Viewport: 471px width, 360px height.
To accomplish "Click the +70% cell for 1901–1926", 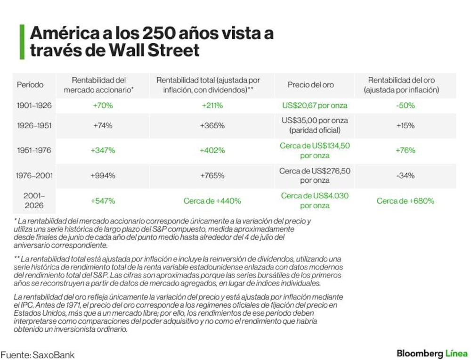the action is pos(103,106).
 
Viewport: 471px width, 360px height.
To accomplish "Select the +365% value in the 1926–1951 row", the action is pos(212,126).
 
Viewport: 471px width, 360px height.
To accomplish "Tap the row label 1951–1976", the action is pos(34,150).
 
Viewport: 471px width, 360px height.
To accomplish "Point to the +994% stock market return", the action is pos(103,175).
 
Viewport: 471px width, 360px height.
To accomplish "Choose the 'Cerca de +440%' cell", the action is pos(212,201).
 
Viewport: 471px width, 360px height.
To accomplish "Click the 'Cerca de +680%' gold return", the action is pos(405,201).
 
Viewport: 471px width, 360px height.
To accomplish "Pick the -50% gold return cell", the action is pos(405,106).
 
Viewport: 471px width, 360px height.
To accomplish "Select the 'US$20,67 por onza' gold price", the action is pos(315,106).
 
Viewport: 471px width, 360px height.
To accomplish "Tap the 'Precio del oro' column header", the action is pos(310,85).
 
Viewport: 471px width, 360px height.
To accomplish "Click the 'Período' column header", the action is pos(30,85).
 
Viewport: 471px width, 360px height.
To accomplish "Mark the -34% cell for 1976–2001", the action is pos(405,175).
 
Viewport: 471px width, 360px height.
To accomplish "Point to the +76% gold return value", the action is pos(405,150).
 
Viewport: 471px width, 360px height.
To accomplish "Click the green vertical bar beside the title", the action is pos(22,42).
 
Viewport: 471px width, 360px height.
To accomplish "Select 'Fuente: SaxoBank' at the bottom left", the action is pos(38,355).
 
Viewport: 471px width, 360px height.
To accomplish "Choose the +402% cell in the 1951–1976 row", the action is pos(212,150).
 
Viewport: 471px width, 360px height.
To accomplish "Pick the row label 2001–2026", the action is pos(34,201).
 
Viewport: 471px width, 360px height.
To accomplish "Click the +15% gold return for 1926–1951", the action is pos(405,126).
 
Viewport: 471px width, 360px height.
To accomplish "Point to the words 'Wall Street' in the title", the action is pos(154,50).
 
